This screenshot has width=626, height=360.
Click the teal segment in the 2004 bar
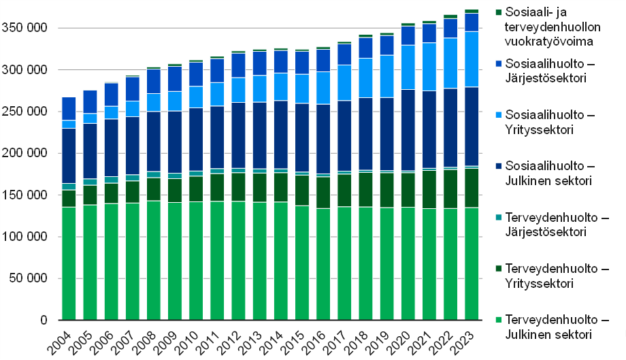coord(69,186)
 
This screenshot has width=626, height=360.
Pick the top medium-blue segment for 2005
coord(90,102)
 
